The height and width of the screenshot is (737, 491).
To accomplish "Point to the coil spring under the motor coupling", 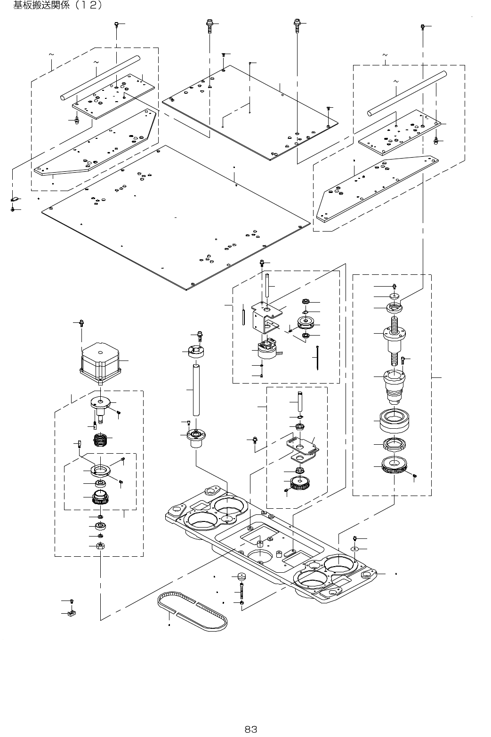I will tap(101, 440).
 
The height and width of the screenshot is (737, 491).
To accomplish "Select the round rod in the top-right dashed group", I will tap(407, 92).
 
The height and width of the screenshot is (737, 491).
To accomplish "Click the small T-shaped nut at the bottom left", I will tap(72, 613).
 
